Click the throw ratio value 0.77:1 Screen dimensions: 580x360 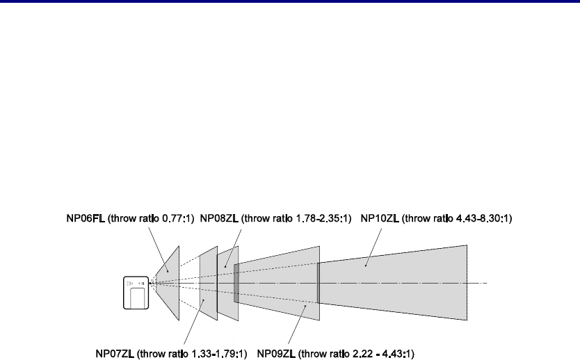tap(177, 218)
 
